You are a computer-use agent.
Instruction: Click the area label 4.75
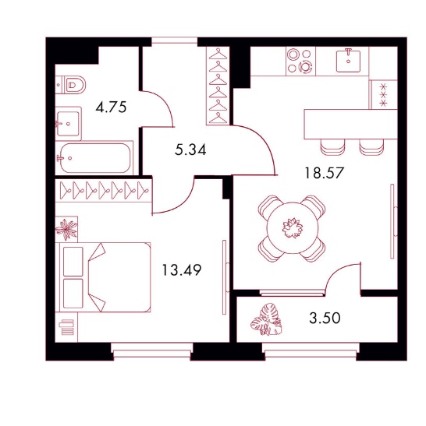point(111,107)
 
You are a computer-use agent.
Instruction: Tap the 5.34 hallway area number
point(190,150)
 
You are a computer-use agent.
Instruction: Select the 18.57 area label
point(324,173)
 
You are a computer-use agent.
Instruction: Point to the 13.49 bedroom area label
point(182,269)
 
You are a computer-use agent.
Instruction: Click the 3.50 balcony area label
point(325,318)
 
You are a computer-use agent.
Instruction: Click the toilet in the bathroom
point(70,85)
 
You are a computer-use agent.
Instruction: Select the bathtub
point(94,158)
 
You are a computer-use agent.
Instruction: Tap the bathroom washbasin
point(69,123)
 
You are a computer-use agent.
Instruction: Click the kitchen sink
point(348,61)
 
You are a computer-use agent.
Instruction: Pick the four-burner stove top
point(300,61)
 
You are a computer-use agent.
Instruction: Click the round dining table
point(293,227)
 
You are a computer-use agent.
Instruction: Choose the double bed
point(103,277)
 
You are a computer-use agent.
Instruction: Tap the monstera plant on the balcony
point(266,319)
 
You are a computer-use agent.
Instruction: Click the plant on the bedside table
point(66,229)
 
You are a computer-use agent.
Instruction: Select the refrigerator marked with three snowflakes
point(383,94)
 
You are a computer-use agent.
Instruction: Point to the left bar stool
point(332,147)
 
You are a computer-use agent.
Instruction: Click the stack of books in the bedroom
point(67,327)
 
